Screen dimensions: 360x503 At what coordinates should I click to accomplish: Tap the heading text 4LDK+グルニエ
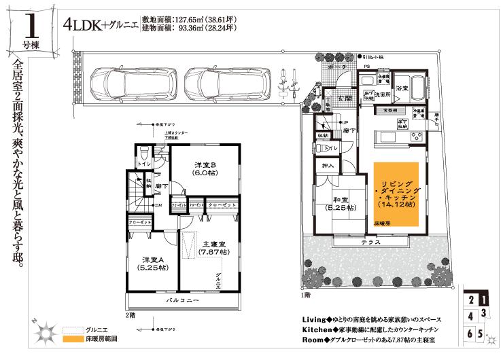tap(101, 26)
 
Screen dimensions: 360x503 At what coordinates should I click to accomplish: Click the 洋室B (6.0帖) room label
tap(205, 169)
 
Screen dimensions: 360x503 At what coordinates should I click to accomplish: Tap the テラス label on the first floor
tap(370, 242)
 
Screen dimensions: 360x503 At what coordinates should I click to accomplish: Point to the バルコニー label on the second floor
tap(182, 300)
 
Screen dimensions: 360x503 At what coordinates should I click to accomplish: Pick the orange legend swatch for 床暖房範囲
tap(71, 338)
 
